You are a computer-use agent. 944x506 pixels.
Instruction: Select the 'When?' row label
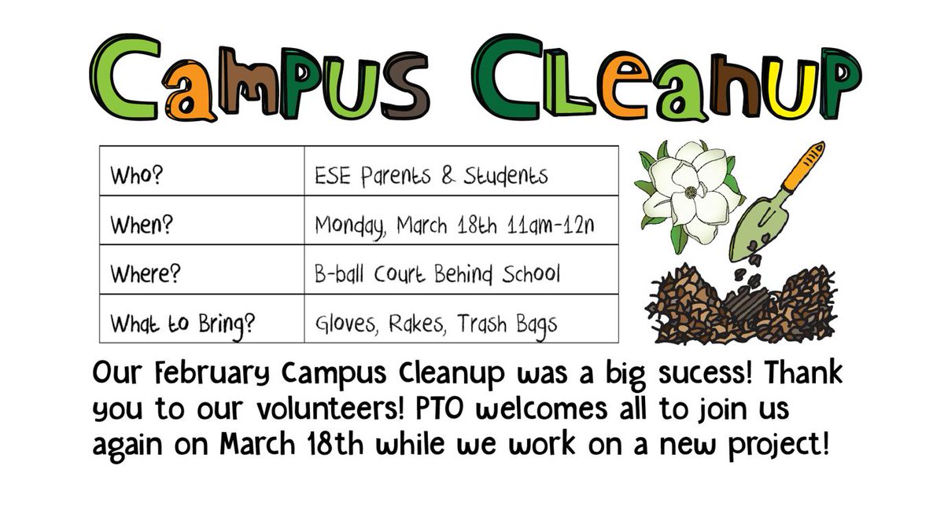(142, 224)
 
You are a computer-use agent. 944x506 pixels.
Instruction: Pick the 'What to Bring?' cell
(182, 323)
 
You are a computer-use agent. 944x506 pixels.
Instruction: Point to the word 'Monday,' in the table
(349, 225)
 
